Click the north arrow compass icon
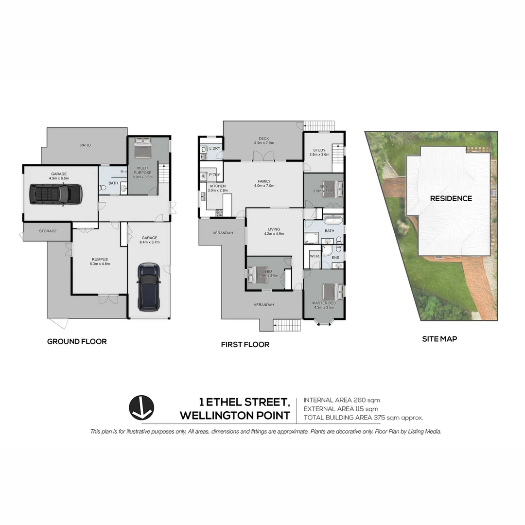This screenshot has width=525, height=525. pos(141,407)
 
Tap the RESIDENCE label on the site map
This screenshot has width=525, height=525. pos(451,198)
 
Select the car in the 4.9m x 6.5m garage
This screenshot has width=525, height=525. pos(55,194)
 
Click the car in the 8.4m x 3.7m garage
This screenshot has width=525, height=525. pos(149,287)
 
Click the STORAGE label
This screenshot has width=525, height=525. pos(48,231)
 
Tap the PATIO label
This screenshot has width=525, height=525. pos(86,145)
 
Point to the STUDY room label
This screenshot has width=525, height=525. pos(319,150)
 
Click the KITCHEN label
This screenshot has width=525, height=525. pos(217,186)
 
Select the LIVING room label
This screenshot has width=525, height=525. pos(273,229)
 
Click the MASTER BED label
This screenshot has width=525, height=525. pos(323,303)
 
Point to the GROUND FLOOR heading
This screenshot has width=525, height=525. pos(77,342)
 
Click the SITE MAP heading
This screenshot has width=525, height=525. pos(439,339)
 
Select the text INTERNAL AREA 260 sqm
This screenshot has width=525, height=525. pos(342,400)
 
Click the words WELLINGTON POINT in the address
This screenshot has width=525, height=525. pos(235,416)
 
